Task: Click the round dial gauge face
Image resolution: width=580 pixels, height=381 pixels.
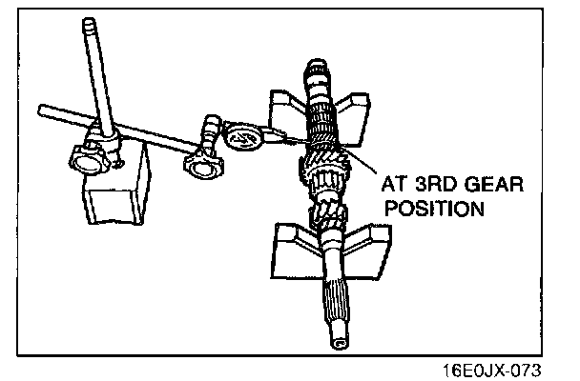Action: [x=243, y=138]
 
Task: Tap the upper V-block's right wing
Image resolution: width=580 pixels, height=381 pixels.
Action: [x=359, y=108]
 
